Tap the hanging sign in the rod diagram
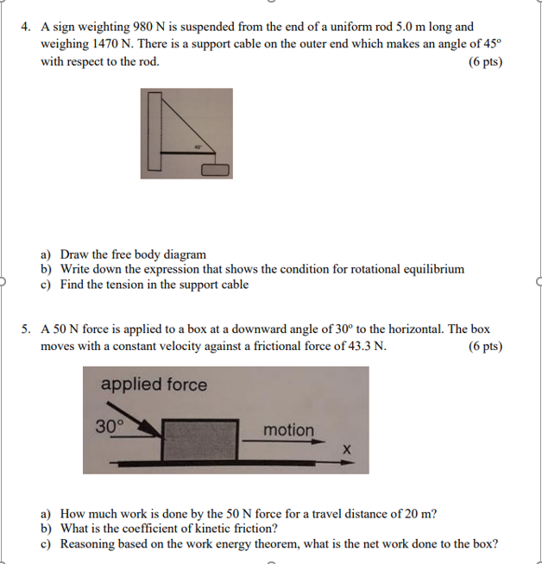coord(216,170)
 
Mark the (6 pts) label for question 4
coord(485,62)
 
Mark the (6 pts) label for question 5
coord(485,347)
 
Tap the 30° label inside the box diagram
coord(110,425)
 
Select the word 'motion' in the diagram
coord(288,429)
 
